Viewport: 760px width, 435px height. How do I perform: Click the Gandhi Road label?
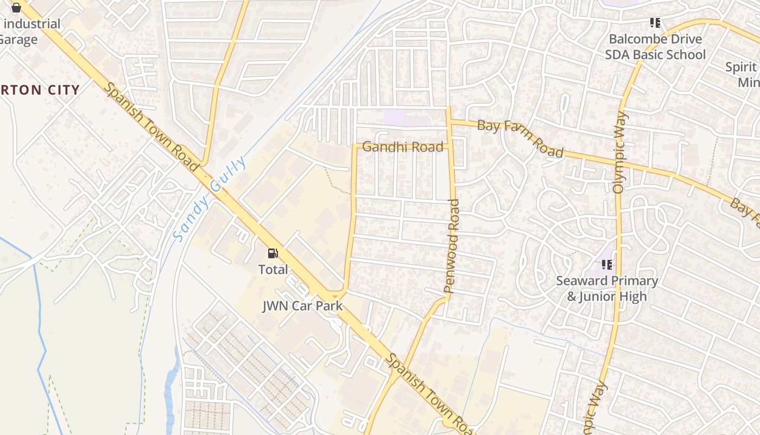pyautogui.click(x=402, y=147)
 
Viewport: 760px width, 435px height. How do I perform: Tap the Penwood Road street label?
pyautogui.click(x=452, y=246)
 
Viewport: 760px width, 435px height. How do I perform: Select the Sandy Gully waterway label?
pyautogui.click(x=210, y=199)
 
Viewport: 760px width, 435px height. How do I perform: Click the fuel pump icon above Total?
pyautogui.click(x=273, y=253)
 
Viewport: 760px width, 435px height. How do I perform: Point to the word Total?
pyautogui.click(x=273, y=269)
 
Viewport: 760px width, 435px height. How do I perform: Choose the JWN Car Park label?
pyautogui.click(x=302, y=306)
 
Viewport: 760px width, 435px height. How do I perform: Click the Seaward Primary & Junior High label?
pyautogui.click(x=607, y=289)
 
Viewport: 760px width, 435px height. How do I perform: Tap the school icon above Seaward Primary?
pyautogui.click(x=607, y=265)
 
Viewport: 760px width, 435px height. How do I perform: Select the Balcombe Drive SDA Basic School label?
pyautogui.click(x=655, y=47)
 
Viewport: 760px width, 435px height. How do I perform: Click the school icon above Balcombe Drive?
pyautogui.click(x=655, y=23)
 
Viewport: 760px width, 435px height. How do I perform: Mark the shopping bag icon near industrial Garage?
pyautogui.click(x=16, y=8)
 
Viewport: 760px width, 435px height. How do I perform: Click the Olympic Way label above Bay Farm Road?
pyautogui.click(x=619, y=152)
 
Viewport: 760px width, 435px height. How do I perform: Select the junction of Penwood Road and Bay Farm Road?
pyautogui.click(x=449, y=121)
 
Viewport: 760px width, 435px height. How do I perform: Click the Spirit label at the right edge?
pyautogui.click(x=742, y=67)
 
